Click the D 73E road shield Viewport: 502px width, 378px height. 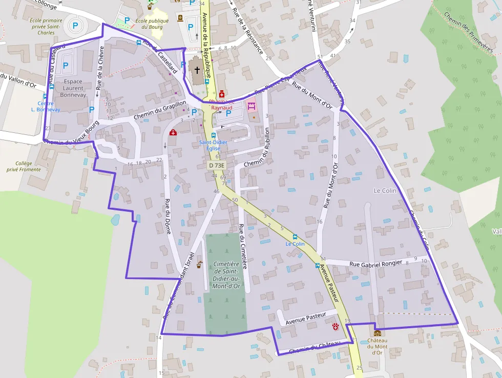click(x=217, y=166)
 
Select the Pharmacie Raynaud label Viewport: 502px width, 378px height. click(x=221, y=105)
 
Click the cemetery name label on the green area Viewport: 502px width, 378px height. click(x=225, y=274)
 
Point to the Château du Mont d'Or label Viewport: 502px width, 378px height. click(x=377, y=346)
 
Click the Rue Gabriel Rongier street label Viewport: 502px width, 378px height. click(x=376, y=264)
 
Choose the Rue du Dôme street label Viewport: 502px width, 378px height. click(x=168, y=216)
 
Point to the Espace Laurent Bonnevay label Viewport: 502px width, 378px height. click(x=73, y=88)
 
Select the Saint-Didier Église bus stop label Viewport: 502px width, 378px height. click(x=210, y=145)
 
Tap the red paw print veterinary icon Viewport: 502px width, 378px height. click(x=336, y=326)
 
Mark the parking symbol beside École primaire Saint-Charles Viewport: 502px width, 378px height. click(x=75, y=25)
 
